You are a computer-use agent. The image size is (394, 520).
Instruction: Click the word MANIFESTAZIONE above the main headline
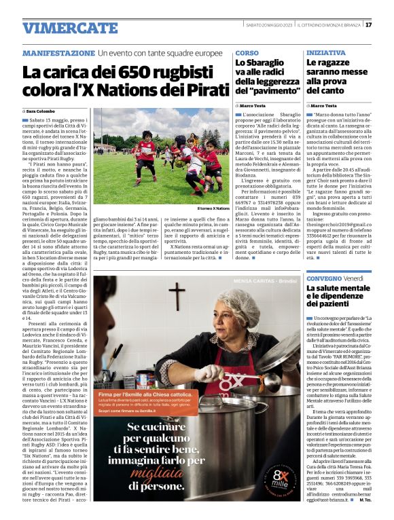pyautogui.click(x=58, y=53)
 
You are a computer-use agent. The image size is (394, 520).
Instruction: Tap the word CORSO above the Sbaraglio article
pyautogui.click(x=247, y=52)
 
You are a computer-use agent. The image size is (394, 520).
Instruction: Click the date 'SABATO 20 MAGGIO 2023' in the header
pyautogui.click(x=270, y=25)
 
